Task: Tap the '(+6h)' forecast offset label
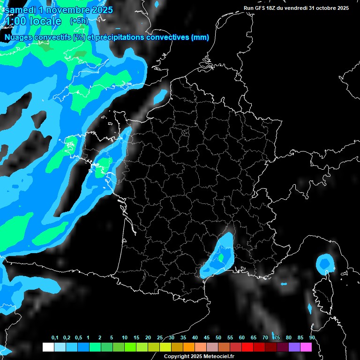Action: coord(79,21)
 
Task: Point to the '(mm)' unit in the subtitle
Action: coord(200,37)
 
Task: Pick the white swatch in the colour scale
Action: coord(48,347)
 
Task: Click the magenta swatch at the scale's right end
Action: coord(306,347)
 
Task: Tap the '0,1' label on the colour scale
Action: coord(54,338)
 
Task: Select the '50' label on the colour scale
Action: coord(218,338)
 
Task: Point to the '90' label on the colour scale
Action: coord(312,338)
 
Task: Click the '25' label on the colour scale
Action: coord(160,338)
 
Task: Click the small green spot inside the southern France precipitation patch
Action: coord(221,257)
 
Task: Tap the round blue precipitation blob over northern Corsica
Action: coord(325,263)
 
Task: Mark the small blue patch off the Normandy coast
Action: coord(160,96)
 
